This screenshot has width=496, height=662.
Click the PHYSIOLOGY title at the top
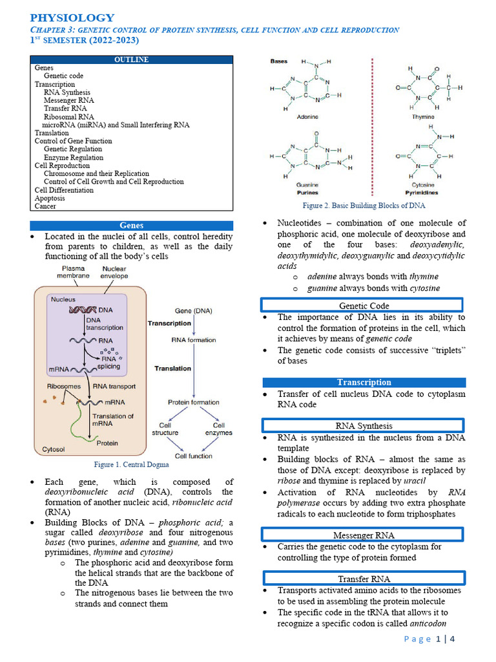pyautogui.click(x=72, y=17)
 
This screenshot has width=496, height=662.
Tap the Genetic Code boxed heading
pyautogui.click(x=364, y=306)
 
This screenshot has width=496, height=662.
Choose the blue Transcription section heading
pyautogui.click(x=364, y=382)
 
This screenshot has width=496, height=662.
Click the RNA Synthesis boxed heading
pyautogui.click(x=364, y=426)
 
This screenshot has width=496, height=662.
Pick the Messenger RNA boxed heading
pyautogui.click(x=364, y=535)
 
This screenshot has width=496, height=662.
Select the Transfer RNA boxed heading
pyautogui.click(x=364, y=579)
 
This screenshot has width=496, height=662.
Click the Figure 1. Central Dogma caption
pyautogui.click(x=131, y=464)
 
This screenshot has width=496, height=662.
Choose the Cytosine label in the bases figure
pyautogui.click(x=422, y=186)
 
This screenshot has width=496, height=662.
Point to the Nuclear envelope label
pyautogui.click(x=114, y=272)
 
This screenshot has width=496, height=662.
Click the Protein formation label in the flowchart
pyautogui.click(x=194, y=402)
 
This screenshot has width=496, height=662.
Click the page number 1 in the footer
pyautogui.click(x=440, y=639)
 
